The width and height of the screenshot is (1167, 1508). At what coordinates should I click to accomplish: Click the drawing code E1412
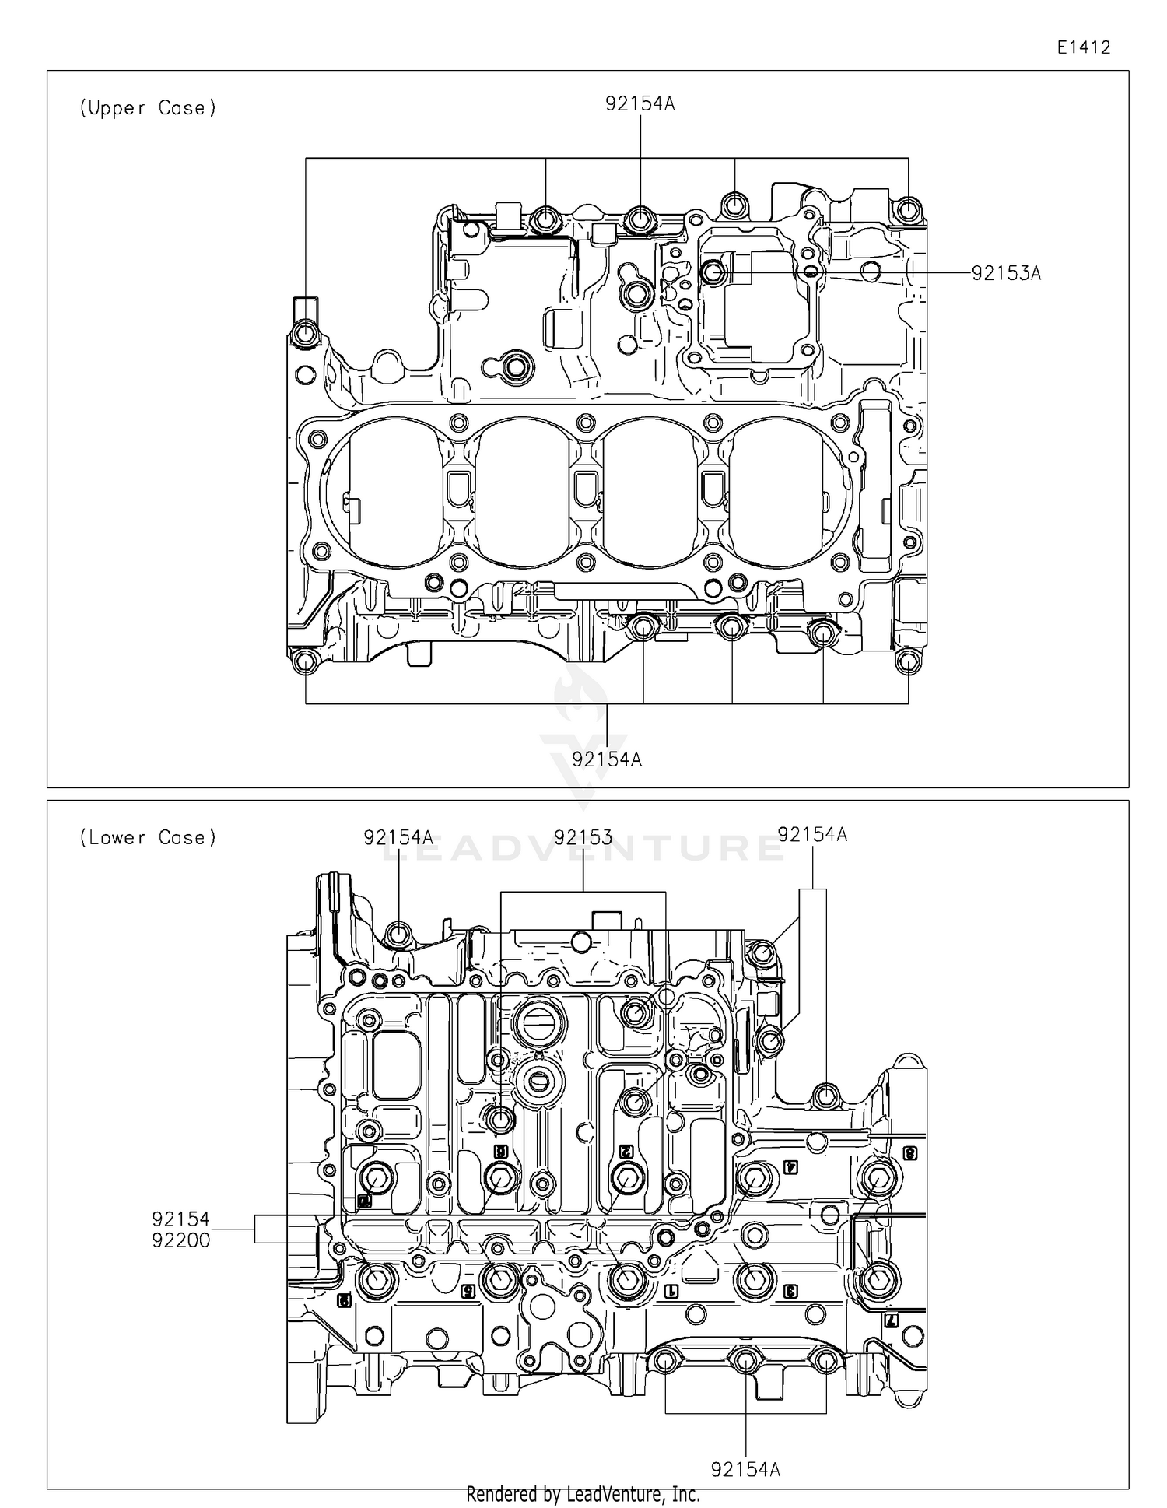(1082, 47)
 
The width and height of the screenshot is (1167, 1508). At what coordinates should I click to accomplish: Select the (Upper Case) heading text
(147, 108)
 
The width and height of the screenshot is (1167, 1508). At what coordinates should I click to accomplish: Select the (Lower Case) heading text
(147, 838)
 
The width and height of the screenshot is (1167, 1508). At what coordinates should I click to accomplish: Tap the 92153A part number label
(1005, 273)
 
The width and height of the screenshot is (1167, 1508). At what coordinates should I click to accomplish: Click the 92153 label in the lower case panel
(583, 837)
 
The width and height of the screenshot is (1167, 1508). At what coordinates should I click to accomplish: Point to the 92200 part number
(180, 1240)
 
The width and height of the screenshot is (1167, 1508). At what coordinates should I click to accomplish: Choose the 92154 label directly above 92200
(180, 1219)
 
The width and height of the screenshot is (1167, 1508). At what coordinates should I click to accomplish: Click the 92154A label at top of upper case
(640, 103)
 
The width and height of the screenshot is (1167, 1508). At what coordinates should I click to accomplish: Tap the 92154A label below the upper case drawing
(607, 759)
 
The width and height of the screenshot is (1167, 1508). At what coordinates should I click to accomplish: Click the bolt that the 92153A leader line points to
(713, 272)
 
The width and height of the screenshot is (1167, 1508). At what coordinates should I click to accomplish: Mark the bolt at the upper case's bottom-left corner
(305, 662)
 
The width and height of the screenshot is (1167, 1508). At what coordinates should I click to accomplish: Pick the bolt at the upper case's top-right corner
(907, 209)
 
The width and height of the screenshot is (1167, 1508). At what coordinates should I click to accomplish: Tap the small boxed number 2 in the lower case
(624, 1151)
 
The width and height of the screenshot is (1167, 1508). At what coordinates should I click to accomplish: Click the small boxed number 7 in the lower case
(892, 1320)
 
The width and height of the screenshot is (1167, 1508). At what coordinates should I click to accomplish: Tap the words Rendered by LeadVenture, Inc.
(583, 1494)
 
